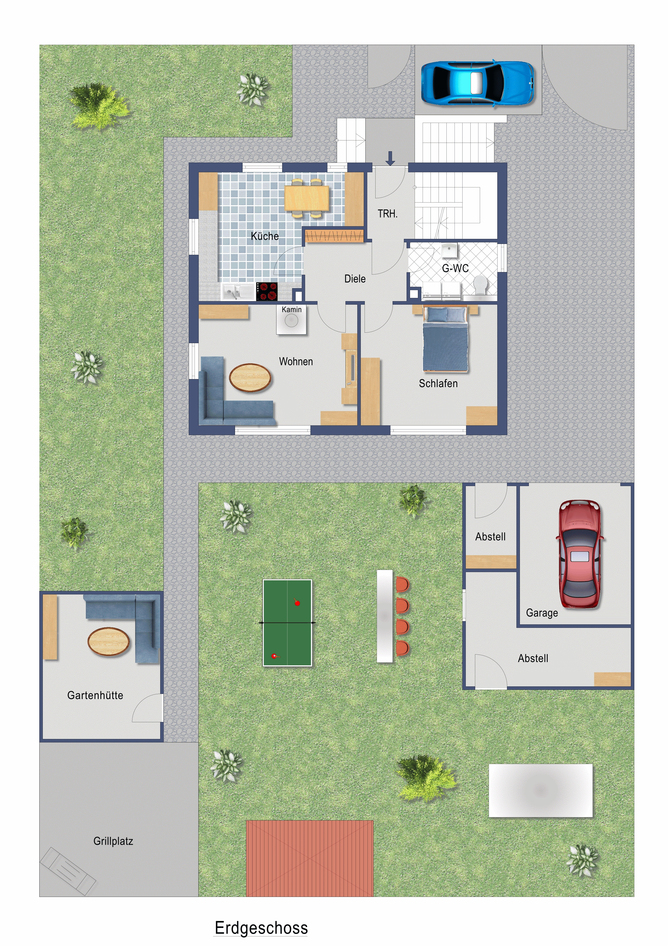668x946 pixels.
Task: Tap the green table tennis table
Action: [x=287, y=622]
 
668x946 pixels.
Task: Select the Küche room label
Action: [x=265, y=236]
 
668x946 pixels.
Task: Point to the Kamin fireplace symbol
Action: [x=291, y=320]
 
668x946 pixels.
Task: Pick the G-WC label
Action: [x=455, y=268]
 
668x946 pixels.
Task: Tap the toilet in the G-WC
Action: [x=480, y=285]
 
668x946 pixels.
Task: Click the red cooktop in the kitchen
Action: [x=267, y=291]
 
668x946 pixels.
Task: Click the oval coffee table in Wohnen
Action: [x=250, y=377]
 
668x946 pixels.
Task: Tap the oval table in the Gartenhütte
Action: [x=109, y=641]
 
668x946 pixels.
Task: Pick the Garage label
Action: [x=542, y=613]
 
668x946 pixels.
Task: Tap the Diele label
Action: [x=355, y=279]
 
